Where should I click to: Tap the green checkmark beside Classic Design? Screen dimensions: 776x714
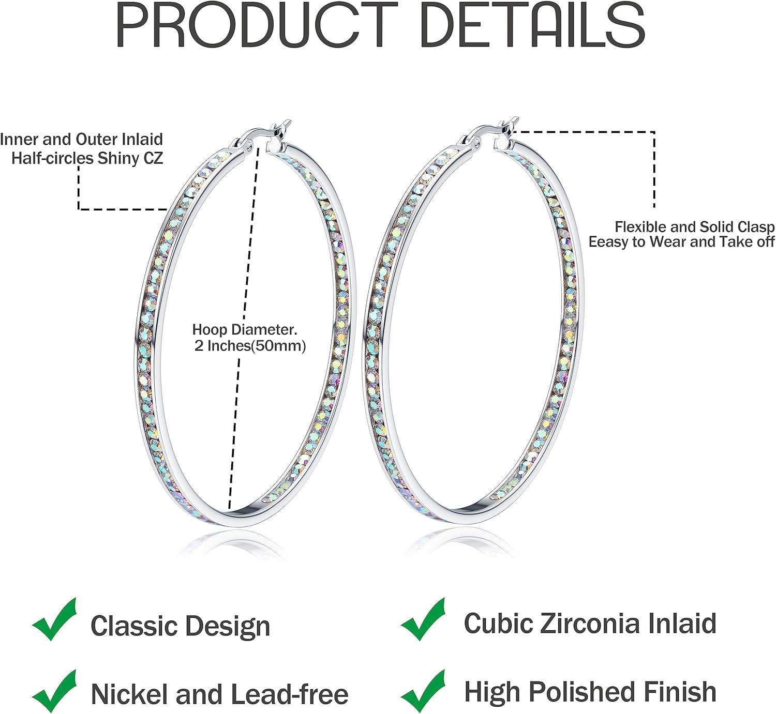54,619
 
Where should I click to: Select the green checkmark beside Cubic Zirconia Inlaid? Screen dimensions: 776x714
423,619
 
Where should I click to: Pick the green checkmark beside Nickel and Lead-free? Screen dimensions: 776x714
54,692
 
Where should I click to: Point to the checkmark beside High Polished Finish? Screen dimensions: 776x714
423,692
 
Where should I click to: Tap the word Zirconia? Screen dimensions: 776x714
590,624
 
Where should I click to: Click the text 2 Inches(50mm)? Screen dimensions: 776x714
250,346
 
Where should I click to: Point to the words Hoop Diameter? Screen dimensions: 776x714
245,329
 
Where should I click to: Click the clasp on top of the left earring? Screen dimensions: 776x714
263,135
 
